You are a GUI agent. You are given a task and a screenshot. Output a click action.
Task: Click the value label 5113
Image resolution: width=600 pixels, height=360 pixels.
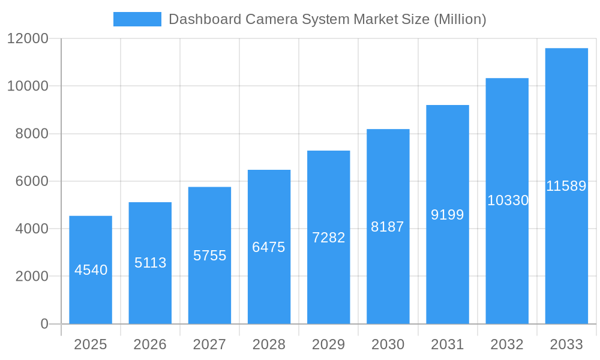[x=150, y=263]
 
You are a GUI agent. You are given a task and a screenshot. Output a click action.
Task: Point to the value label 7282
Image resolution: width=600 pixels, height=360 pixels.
[x=328, y=238]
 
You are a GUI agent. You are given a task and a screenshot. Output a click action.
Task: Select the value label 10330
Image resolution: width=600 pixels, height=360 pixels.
[x=508, y=200]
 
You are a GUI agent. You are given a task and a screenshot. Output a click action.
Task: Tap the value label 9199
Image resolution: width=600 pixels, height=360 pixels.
[x=447, y=215]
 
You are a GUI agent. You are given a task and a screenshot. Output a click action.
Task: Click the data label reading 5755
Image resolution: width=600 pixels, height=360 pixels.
[x=209, y=256]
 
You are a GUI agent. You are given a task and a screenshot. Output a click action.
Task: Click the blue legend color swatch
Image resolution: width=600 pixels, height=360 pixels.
[x=137, y=19]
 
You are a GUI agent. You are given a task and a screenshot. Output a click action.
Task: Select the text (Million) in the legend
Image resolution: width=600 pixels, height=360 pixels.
[x=459, y=19]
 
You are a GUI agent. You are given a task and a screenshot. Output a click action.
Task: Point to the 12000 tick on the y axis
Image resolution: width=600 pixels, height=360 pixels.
[x=28, y=38]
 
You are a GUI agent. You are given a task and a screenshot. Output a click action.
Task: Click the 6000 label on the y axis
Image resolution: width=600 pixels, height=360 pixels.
[x=31, y=181]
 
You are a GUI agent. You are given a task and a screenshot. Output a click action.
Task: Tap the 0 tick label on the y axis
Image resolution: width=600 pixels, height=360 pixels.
[x=44, y=324]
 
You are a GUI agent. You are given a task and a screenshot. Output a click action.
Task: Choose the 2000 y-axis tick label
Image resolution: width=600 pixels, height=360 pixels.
[x=31, y=277]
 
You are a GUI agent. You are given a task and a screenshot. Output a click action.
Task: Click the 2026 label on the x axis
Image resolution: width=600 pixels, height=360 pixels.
[x=150, y=344]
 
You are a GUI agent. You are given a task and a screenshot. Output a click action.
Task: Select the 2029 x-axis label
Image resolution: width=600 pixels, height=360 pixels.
[x=328, y=344]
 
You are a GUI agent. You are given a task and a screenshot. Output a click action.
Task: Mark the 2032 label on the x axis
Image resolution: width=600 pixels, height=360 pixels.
[x=507, y=344]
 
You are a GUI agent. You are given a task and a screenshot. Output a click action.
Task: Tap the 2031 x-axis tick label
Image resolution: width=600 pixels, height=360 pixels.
[x=447, y=344]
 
